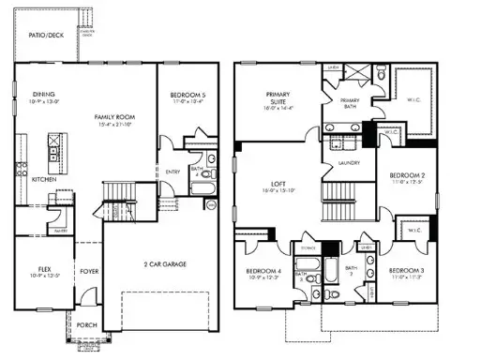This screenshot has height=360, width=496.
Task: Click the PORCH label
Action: point(87,325)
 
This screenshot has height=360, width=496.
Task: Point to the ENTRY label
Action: point(173,172)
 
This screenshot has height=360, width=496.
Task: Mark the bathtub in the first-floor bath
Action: point(201,187)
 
